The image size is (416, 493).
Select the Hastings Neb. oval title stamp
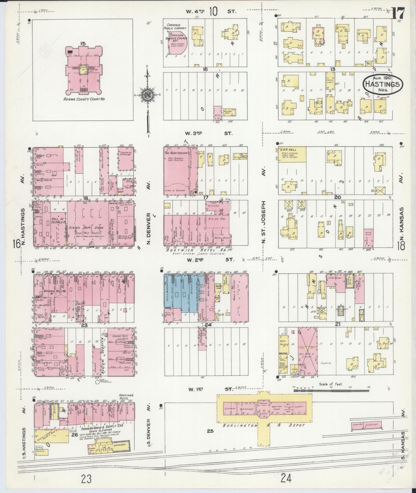(382, 84)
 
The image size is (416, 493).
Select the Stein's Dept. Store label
(86, 228)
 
